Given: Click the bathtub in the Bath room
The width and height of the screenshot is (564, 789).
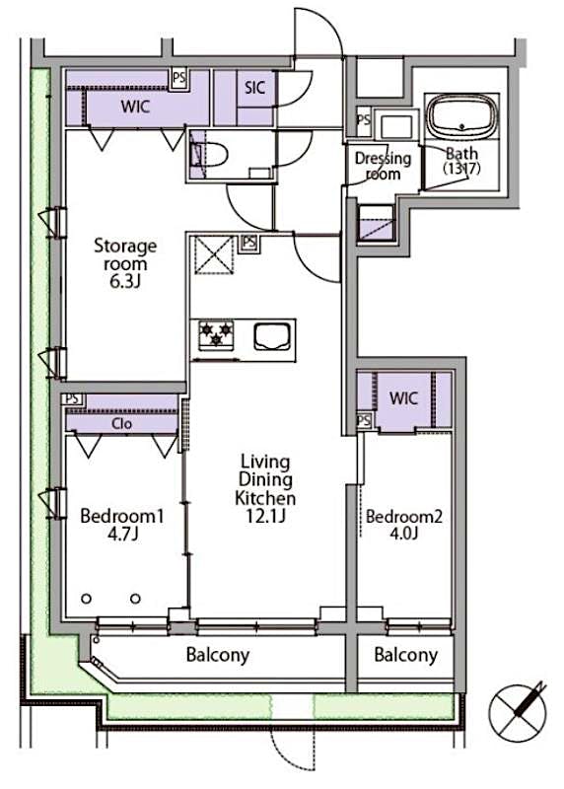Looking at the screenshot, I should pos(462,115).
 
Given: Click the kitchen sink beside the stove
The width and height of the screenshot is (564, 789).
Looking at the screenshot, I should pos(272,336).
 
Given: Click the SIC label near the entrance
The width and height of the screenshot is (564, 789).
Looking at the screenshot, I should pos(255,86).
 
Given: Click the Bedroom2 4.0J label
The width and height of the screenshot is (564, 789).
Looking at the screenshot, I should pos(404,525).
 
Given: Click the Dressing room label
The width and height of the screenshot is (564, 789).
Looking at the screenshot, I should pos(383,166).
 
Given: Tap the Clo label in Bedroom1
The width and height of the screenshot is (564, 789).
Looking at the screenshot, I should pos(122,424).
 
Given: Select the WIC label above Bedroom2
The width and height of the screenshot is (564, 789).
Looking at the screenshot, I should pos(403,399).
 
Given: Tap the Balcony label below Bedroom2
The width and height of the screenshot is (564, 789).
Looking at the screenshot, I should pos(404,655).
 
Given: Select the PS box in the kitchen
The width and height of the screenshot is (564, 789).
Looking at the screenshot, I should pos(248,242).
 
